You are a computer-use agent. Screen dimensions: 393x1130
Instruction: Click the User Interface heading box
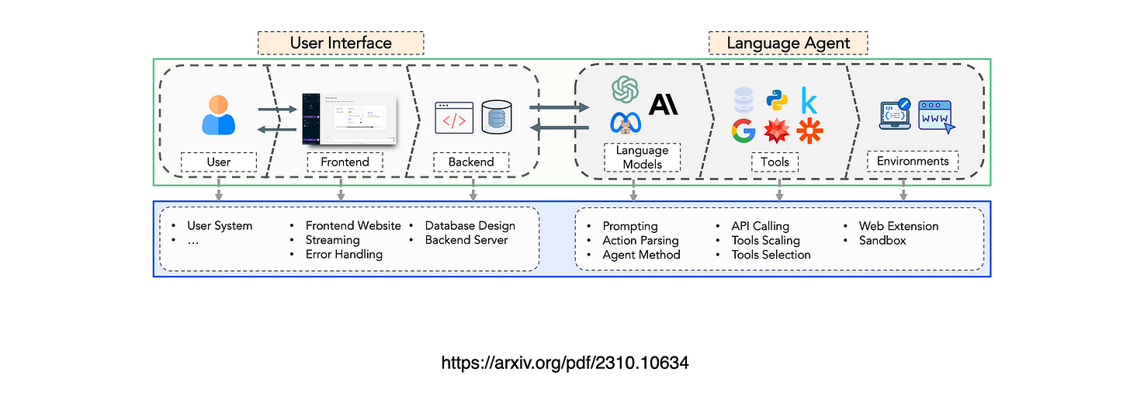[x=341, y=43]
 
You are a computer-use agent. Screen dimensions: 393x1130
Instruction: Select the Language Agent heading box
[x=788, y=43]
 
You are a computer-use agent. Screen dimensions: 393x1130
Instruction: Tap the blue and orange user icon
[x=218, y=115]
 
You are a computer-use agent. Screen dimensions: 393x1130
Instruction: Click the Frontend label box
[x=345, y=162]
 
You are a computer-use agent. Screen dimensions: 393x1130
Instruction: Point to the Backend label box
[x=471, y=162]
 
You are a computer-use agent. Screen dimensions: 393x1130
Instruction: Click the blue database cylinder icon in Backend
[x=497, y=117]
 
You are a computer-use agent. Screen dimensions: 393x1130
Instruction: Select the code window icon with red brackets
[x=454, y=117]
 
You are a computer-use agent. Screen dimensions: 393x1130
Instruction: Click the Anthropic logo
[x=664, y=103]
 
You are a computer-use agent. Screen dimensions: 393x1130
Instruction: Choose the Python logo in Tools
[x=777, y=100]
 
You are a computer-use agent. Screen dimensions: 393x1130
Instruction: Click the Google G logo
[x=744, y=131]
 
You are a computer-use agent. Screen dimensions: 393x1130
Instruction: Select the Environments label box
[x=913, y=162]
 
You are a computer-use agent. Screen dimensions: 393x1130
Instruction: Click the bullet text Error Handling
[x=344, y=254]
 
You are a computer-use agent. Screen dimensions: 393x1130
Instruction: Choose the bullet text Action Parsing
[x=640, y=240]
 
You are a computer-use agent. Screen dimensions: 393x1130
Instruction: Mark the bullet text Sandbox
[x=882, y=240]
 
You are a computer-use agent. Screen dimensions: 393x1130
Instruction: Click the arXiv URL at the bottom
[x=565, y=362]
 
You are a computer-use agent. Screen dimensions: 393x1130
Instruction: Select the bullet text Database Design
[x=470, y=226]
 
